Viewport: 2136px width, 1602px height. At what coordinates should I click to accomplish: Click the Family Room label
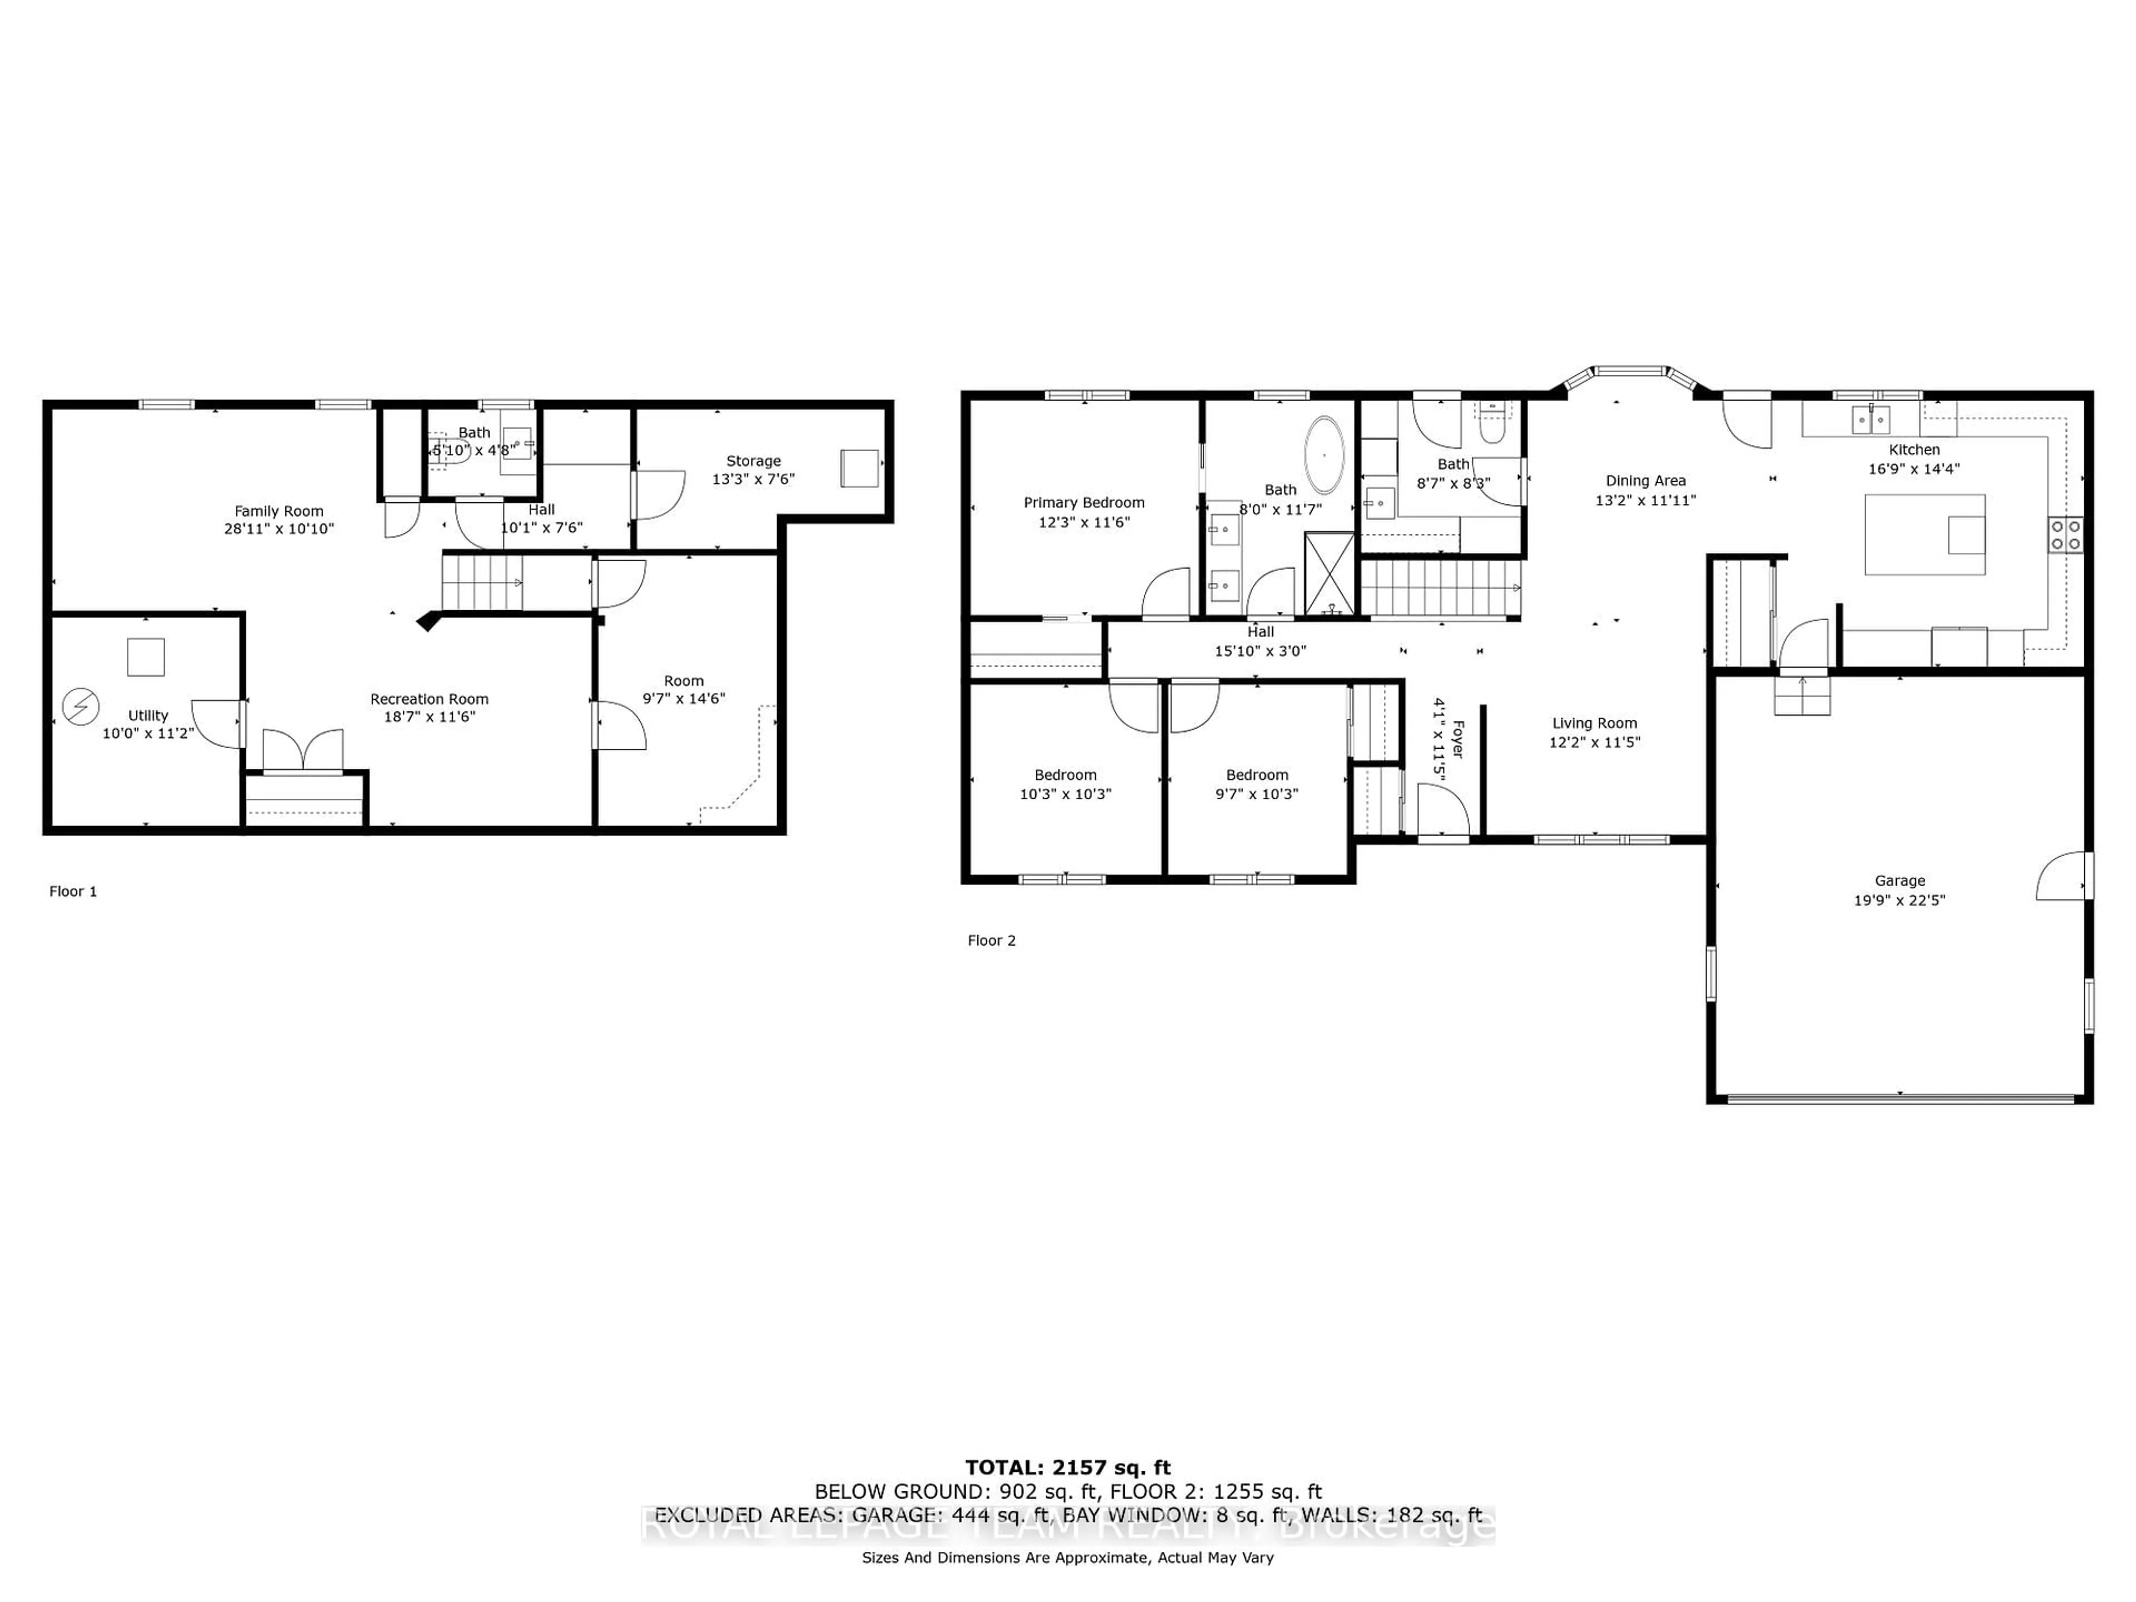pyautogui.click(x=279, y=511)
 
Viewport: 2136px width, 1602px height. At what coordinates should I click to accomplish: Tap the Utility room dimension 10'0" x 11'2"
pyautogui.click(x=148, y=733)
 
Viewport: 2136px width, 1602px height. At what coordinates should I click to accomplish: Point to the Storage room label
pyautogui.click(x=753, y=461)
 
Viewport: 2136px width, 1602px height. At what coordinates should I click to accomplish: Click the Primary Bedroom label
pyautogui.click(x=1084, y=502)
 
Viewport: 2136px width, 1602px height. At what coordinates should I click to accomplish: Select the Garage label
pyautogui.click(x=1900, y=881)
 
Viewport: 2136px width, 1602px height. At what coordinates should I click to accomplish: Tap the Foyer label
pyautogui.click(x=1458, y=739)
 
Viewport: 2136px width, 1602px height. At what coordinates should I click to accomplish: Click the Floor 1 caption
pyautogui.click(x=73, y=891)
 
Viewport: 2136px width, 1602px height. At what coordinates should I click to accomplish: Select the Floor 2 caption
pyautogui.click(x=992, y=941)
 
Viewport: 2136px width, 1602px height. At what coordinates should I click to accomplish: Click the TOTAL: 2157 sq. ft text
pyautogui.click(x=1068, y=1468)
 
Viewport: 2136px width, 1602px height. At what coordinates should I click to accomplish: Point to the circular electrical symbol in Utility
pyautogui.click(x=80, y=707)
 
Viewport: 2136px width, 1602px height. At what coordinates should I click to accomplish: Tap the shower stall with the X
pyautogui.click(x=1329, y=573)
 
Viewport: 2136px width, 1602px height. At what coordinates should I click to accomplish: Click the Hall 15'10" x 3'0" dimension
pyautogui.click(x=1260, y=651)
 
